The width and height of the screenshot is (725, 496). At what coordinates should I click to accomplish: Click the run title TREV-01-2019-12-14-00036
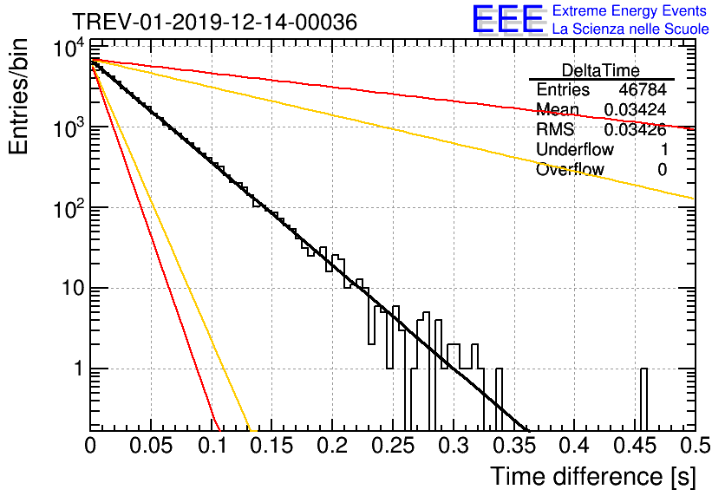(214, 22)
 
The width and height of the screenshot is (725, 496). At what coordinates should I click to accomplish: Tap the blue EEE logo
(508, 19)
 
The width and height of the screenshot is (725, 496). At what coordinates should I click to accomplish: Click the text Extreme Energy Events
(630, 10)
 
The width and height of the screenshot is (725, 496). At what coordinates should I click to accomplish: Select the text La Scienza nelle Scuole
(630, 29)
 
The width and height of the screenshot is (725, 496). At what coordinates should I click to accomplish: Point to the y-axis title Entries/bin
(18, 97)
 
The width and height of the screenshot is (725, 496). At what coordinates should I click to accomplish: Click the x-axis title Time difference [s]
(593, 476)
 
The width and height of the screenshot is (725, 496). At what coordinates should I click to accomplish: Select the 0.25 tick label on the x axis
(393, 446)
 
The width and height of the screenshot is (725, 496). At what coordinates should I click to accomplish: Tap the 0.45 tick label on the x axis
(635, 446)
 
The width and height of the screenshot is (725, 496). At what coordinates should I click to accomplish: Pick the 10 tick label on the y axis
(73, 288)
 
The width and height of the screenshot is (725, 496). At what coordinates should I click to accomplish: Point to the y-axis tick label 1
(78, 369)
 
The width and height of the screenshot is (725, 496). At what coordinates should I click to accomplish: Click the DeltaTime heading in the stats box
(601, 70)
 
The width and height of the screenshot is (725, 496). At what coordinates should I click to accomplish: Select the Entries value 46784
(643, 89)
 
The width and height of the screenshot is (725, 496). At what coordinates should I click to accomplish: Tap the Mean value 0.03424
(636, 109)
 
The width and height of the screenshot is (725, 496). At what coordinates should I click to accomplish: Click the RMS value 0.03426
(636, 130)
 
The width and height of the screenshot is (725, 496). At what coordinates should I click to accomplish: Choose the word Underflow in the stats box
(575, 149)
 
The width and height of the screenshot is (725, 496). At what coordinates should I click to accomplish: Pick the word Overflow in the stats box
(570, 169)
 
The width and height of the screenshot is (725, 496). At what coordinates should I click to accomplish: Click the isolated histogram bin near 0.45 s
(643, 400)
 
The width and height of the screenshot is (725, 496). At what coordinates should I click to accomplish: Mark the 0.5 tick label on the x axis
(696, 446)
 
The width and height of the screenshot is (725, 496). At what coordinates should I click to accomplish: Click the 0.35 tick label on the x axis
(514, 446)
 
